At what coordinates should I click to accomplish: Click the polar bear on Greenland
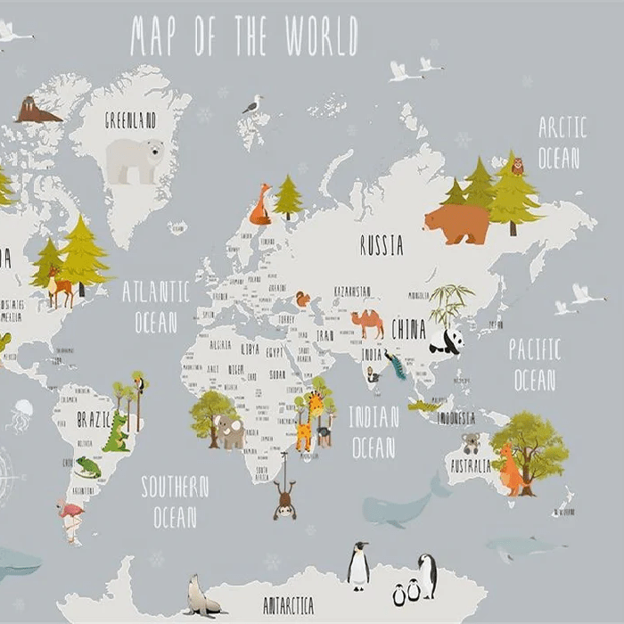coord(135,160)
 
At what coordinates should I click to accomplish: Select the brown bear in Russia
coord(457,223)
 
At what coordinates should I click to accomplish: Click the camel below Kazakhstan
coord(367,322)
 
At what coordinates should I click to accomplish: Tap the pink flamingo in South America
coord(70,518)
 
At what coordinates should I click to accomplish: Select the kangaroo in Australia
coord(513,471)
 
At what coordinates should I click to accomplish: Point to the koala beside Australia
coord(471,442)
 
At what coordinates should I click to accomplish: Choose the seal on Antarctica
coord(201,595)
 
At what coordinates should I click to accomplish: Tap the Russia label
coord(382,245)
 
